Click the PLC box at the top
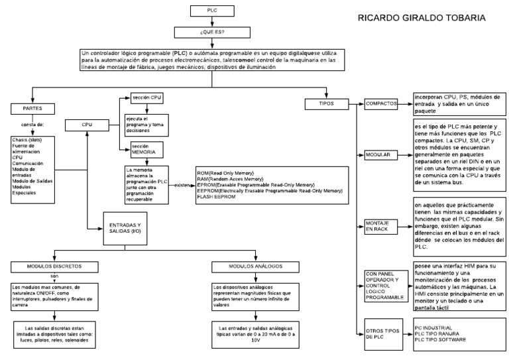tap(210, 10)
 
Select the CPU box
tap(87, 124)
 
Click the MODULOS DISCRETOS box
tap(54, 267)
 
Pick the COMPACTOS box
tap(381, 104)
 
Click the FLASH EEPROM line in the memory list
tap(218, 197)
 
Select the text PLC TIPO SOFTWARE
tap(440, 339)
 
